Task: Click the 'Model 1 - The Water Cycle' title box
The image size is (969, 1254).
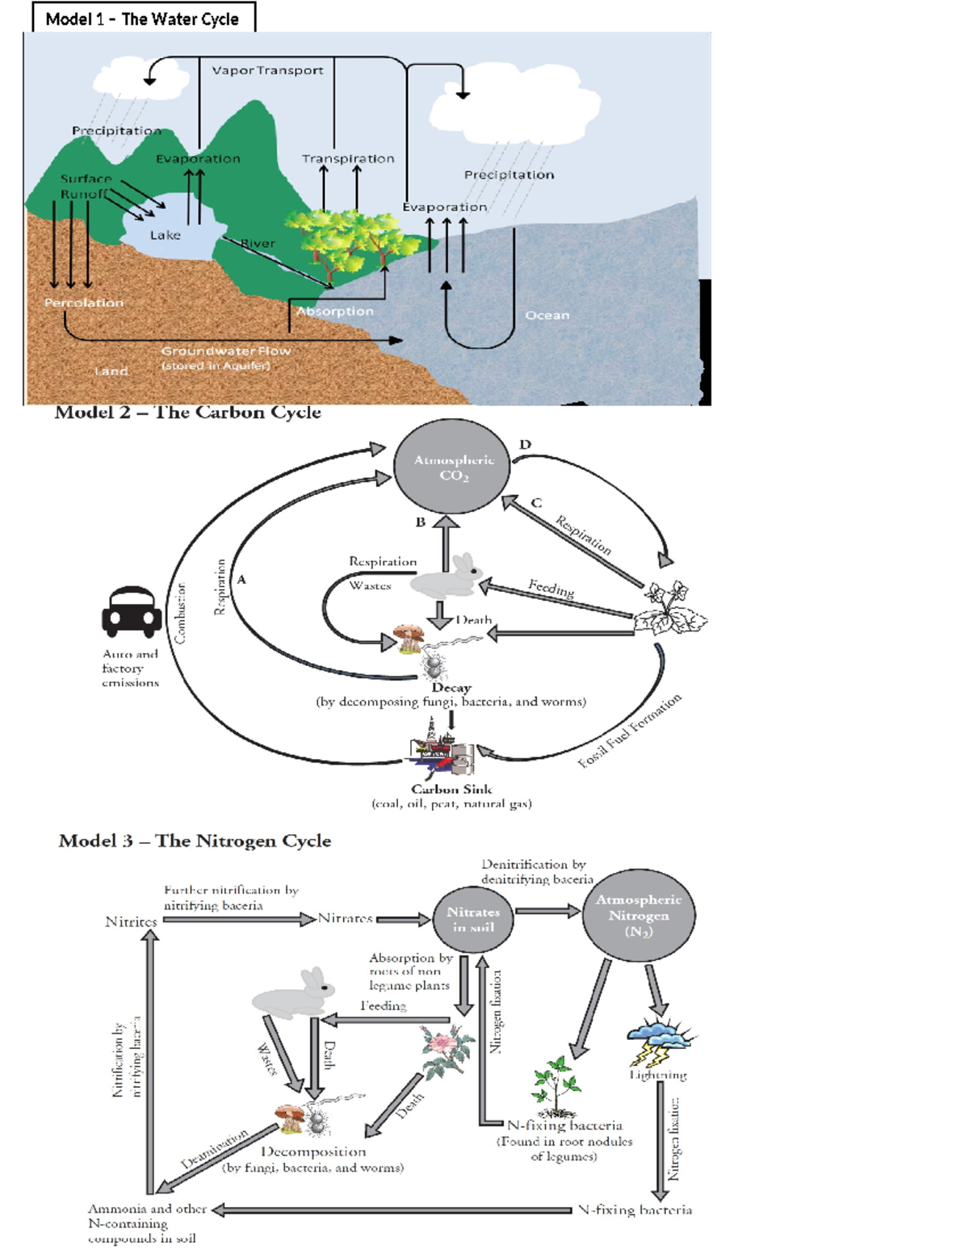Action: (143, 19)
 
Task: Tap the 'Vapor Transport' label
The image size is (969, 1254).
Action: (267, 70)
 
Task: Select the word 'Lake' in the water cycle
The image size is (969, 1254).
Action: (165, 235)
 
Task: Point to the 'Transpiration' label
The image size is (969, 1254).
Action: (348, 158)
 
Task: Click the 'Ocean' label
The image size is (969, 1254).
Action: (547, 315)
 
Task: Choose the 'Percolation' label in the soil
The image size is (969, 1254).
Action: (84, 303)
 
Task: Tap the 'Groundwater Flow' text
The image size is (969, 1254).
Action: (225, 350)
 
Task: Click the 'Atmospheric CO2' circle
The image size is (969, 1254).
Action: (452, 467)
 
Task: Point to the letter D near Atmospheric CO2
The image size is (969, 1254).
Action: (526, 444)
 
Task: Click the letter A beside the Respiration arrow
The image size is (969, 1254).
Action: (241, 579)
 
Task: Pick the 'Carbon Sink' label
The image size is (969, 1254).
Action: (451, 789)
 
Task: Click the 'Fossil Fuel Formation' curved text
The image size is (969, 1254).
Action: (630, 731)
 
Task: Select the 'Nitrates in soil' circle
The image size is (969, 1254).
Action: (473, 919)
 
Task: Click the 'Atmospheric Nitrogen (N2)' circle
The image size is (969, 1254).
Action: (638, 915)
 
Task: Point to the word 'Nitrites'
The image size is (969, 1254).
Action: (131, 921)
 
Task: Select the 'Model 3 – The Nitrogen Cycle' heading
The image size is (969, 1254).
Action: (195, 841)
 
